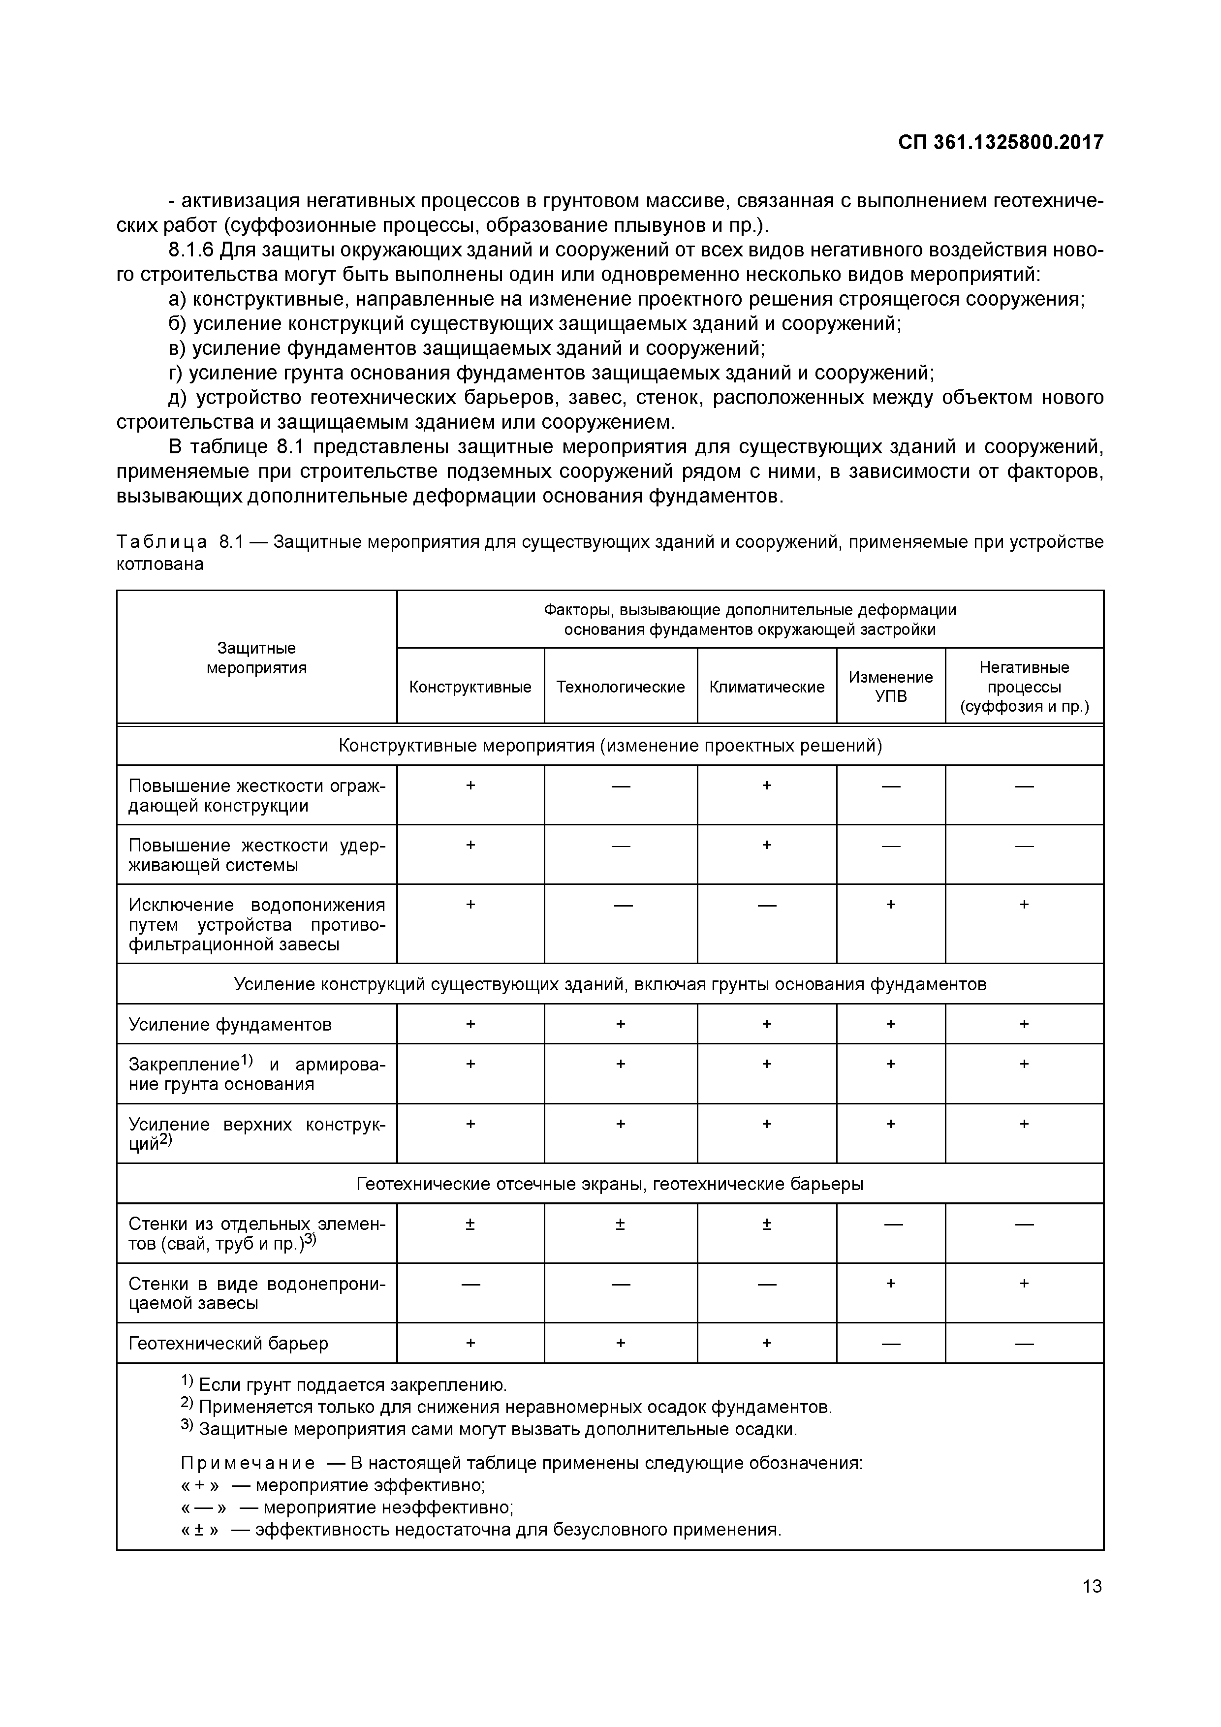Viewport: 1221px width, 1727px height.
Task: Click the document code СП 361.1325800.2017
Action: [1000, 142]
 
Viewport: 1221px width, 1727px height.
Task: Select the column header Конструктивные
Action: [470, 687]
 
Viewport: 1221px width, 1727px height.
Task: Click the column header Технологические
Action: [621, 687]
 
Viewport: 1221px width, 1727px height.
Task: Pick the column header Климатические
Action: [767, 687]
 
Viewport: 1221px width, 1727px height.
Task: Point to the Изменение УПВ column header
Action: [891, 686]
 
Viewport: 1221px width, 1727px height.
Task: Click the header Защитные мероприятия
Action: [256, 658]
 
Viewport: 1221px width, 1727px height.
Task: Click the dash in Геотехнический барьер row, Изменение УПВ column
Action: [891, 1344]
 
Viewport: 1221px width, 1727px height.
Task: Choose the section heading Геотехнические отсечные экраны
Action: [609, 1184]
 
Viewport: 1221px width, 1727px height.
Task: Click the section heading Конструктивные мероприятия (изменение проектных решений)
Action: [609, 746]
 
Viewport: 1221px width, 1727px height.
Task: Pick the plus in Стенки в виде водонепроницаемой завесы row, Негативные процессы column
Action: [1024, 1283]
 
